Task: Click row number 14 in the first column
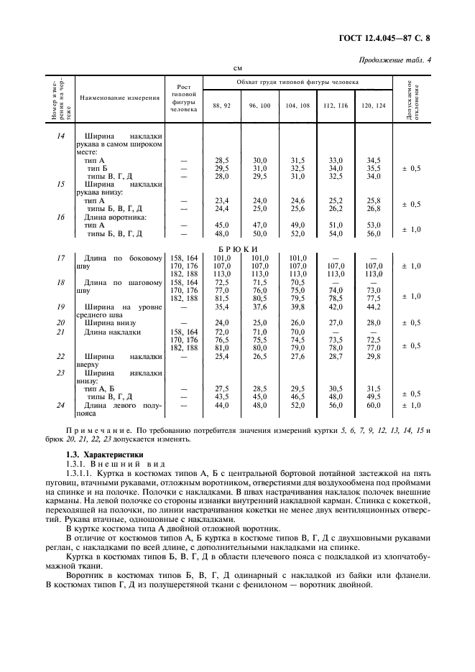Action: pos(60,136)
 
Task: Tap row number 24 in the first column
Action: pos(60,405)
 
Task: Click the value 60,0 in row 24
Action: pos(373,405)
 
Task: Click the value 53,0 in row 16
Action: pos(373,225)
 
